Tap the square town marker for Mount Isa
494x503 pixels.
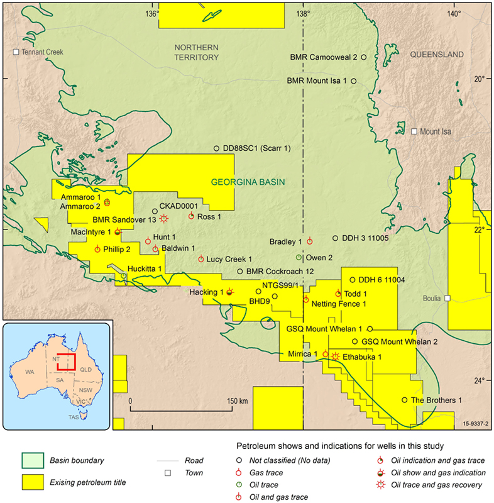click(x=414, y=132)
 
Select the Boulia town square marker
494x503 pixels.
click(x=448, y=298)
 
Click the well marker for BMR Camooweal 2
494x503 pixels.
click(x=364, y=57)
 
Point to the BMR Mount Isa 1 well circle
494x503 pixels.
click(x=354, y=81)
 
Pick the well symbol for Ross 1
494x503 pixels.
click(x=192, y=216)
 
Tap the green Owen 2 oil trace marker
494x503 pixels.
click(x=299, y=257)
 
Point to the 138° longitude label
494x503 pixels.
click(x=304, y=14)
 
